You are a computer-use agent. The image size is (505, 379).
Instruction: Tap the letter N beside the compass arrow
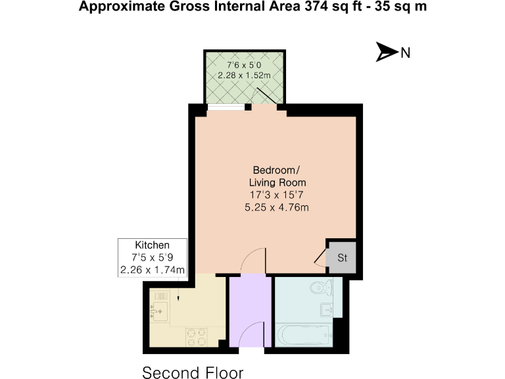(406, 53)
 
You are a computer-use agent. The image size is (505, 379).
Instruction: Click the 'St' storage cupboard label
(342, 258)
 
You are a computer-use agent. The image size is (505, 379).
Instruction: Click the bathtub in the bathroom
(303, 335)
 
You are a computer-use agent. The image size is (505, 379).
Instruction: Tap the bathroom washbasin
(327, 309)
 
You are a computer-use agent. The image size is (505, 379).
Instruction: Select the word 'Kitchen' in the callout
(152, 245)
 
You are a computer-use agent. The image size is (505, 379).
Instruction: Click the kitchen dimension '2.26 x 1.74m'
(152, 269)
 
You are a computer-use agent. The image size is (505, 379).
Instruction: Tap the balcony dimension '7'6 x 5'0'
(243, 64)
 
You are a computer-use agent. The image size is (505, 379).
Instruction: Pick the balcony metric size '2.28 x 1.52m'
(244, 75)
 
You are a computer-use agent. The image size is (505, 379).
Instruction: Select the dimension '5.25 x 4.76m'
(277, 207)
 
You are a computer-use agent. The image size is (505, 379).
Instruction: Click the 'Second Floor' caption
(193, 372)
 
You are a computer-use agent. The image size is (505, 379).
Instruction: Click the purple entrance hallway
(250, 303)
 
